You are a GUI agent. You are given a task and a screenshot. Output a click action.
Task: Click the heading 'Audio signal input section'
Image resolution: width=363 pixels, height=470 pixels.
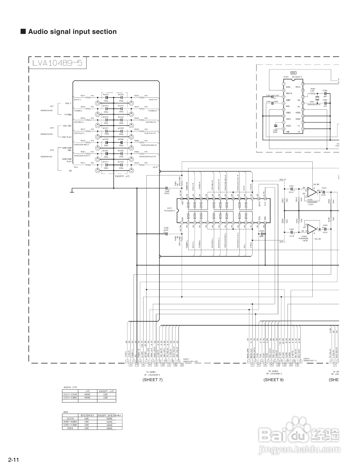(x=72, y=32)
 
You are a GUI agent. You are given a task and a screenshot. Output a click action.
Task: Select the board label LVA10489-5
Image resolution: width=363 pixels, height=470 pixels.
(x=57, y=63)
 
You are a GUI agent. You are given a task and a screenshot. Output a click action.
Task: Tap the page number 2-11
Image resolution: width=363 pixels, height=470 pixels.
(x=13, y=460)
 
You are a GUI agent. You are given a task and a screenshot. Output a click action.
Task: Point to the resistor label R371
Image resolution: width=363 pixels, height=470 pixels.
(x=83, y=96)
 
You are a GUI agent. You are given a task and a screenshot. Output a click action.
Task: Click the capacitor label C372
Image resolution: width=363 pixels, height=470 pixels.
(x=121, y=95)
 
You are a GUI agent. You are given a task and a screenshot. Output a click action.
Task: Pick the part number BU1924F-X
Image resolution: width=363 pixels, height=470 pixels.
(x=297, y=77)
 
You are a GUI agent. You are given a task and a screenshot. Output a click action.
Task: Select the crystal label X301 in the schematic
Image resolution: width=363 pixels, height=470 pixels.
(x=312, y=101)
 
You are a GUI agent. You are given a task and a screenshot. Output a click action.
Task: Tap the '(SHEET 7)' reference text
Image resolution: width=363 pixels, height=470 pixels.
(x=153, y=380)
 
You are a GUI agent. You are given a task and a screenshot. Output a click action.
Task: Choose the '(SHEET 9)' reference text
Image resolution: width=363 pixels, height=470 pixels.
(x=274, y=380)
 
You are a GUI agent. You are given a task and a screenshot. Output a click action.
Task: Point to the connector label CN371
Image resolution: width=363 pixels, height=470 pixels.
(x=186, y=359)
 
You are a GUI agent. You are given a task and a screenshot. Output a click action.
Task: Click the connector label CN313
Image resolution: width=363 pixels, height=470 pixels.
(x=306, y=359)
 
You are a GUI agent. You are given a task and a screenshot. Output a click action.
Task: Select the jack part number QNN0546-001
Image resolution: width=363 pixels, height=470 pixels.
(x=46, y=156)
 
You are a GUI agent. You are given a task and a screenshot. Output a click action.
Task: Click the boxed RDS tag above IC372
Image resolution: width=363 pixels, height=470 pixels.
(x=293, y=73)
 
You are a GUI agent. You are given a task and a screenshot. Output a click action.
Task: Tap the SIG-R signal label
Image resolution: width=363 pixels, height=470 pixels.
(x=282, y=180)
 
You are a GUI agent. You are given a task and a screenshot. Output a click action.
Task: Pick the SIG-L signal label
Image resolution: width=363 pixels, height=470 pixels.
(x=282, y=242)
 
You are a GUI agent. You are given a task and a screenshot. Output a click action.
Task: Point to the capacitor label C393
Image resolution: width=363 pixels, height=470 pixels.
(x=275, y=130)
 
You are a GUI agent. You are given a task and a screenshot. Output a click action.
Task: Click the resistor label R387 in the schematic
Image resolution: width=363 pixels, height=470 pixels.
(x=313, y=89)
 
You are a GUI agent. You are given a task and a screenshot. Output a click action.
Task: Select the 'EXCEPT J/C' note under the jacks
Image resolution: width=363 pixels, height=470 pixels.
(x=122, y=176)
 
